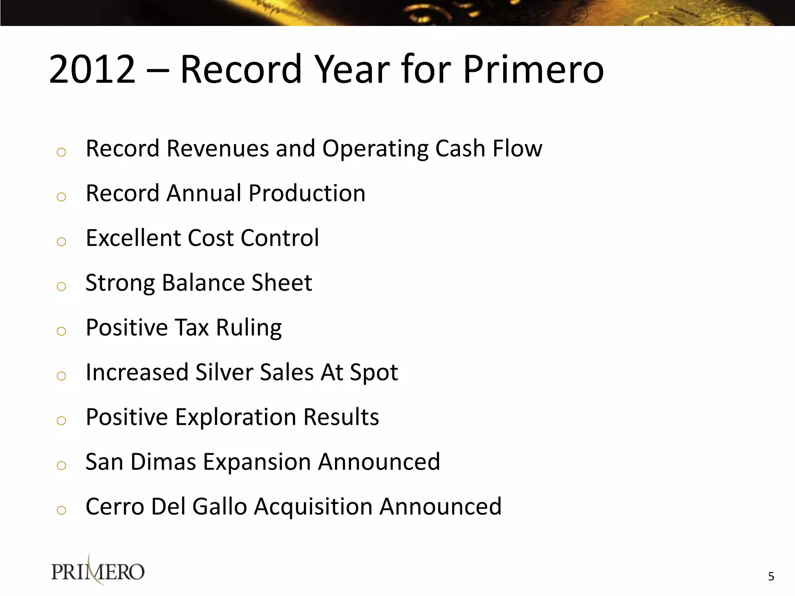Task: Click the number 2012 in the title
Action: [x=92, y=70]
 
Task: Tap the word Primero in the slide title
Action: [x=533, y=70]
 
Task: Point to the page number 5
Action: [x=771, y=577]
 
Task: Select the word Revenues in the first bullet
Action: [x=217, y=149]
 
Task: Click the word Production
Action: [x=307, y=193]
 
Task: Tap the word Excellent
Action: [x=133, y=238]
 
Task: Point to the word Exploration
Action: [x=236, y=418]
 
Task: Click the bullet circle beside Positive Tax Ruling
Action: [x=61, y=331]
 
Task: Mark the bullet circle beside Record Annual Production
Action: [x=61, y=197]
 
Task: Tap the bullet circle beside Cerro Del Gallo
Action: [x=61, y=510]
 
